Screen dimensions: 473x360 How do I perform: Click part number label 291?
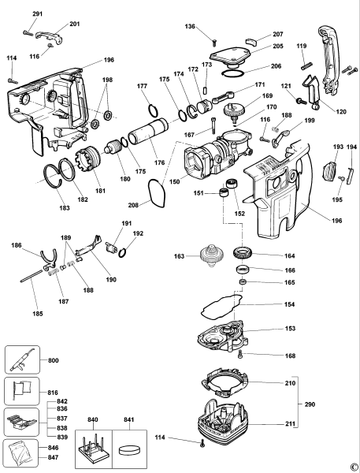(38, 14)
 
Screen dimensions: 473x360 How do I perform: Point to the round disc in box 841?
(130, 450)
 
